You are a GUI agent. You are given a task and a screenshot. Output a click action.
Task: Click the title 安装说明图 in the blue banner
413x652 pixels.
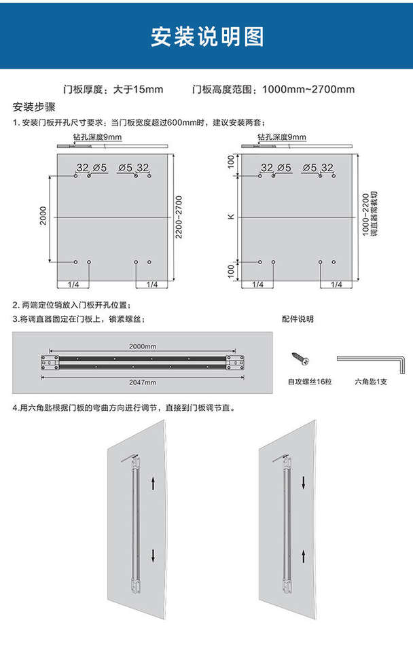206,36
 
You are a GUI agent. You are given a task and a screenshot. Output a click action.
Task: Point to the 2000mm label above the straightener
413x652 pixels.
143,347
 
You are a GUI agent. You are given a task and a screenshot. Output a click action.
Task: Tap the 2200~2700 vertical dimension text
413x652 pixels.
179,217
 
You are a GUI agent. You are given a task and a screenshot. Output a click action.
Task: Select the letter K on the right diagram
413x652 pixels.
231,217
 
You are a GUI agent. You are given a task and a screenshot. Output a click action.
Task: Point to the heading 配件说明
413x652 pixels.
298,319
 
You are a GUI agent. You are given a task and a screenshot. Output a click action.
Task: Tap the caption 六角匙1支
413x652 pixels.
370,382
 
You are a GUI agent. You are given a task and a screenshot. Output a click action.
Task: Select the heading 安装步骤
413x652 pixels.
34,107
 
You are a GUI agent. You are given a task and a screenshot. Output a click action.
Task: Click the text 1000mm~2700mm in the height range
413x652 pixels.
308,89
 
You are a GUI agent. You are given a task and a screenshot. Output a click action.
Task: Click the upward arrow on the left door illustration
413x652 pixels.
154,483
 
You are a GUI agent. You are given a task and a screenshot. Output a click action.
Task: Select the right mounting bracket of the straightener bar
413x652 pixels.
235,364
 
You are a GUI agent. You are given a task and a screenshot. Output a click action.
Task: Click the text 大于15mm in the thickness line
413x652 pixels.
138,89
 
